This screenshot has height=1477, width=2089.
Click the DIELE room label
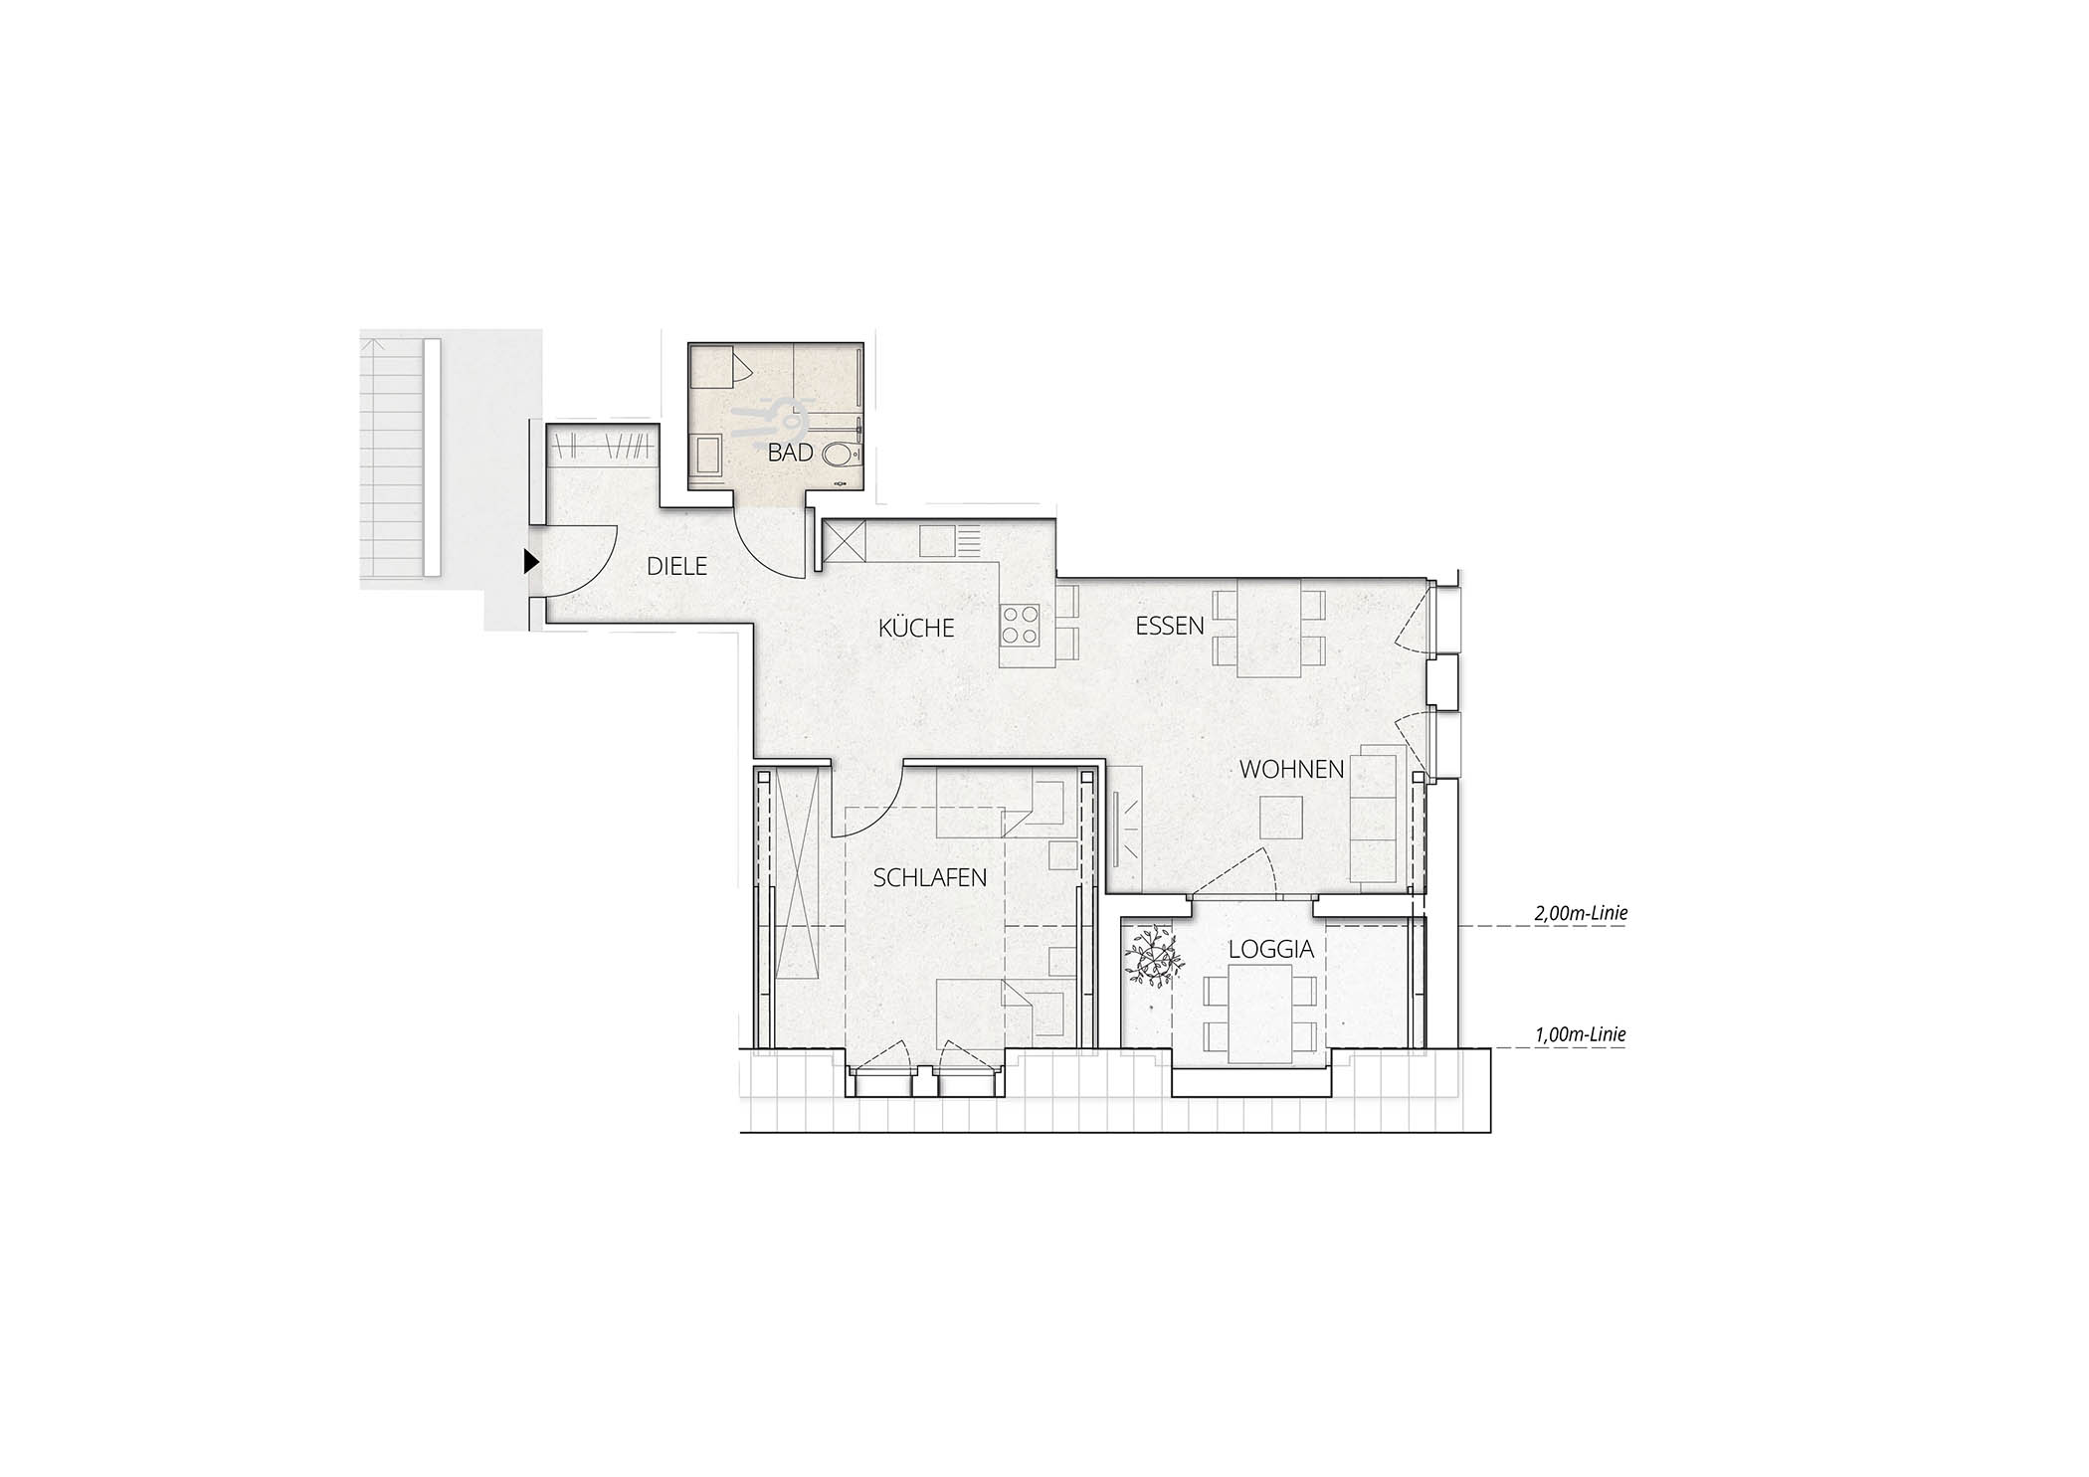(x=676, y=566)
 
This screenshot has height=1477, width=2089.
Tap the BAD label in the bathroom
(x=791, y=453)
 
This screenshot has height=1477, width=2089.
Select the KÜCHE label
(x=916, y=628)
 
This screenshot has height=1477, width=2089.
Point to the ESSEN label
(x=1170, y=626)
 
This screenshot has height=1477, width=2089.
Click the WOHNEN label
(x=1292, y=769)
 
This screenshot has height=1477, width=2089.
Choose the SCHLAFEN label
(x=930, y=877)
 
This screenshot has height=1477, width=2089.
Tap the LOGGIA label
(x=1271, y=949)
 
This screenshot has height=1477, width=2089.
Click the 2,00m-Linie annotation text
(x=1582, y=913)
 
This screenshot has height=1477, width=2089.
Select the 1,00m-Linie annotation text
(x=1582, y=1034)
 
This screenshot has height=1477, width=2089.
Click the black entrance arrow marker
(x=531, y=563)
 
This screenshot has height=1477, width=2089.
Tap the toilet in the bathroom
(x=842, y=457)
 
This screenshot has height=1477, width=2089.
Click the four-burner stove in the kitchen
(x=1021, y=625)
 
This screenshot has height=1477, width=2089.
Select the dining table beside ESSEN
(x=1268, y=628)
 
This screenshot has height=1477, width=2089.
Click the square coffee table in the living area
(x=1282, y=819)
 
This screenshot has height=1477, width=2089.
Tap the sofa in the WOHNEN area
(x=1375, y=813)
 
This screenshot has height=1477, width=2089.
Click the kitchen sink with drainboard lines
(x=950, y=541)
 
